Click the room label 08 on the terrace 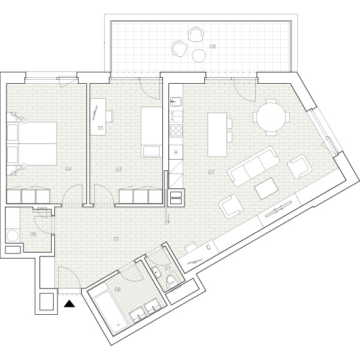(212, 47)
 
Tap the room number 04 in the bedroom (67, 170)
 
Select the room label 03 (118, 170)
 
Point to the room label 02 (211, 173)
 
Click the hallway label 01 (116, 239)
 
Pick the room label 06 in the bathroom (118, 289)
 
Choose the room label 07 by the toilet (168, 268)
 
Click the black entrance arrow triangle (70, 303)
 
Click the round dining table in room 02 (272, 119)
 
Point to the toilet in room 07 (170, 281)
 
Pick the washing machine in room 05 (12, 235)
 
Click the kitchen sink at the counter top (175, 103)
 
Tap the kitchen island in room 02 (218, 134)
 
